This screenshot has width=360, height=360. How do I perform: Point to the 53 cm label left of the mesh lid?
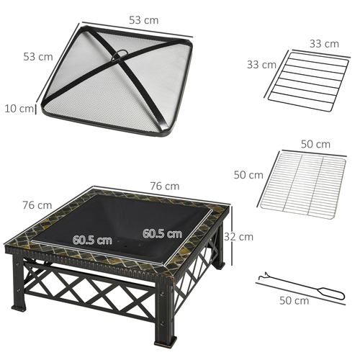click(37, 55)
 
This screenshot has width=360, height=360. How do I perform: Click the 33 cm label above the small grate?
click(324, 44)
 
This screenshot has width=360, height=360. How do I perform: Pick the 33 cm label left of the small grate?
click(262, 64)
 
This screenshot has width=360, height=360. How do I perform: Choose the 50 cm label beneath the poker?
click(293, 300)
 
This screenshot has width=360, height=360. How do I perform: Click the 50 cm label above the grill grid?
click(315, 145)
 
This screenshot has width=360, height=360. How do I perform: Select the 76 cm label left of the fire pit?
click(37, 205)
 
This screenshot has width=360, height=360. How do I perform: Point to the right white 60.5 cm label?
click(162, 233)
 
